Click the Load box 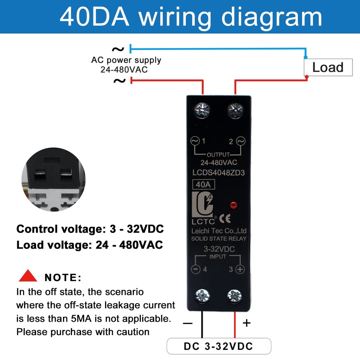coord(328,67)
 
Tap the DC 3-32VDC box coord(219,346)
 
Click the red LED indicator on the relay coord(233,206)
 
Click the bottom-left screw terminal coord(202,296)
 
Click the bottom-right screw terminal coord(235,296)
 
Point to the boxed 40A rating coord(204,185)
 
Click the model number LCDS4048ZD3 coord(219,172)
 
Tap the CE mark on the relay coord(225,218)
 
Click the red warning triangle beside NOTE coord(28,276)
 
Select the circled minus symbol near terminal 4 coord(195,269)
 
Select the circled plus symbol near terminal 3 coord(240,269)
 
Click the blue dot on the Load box coord(306,57)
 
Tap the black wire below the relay coord(202,324)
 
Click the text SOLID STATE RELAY coord(219,239)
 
